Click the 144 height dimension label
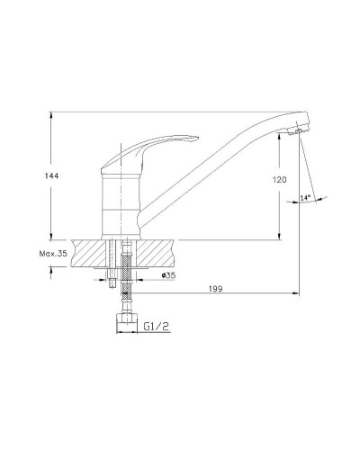point(51,175)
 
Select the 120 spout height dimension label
point(280,180)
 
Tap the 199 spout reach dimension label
point(215,289)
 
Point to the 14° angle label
point(305,197)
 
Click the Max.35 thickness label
point(53,254)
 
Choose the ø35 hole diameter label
point(168,275)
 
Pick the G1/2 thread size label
point(156,326)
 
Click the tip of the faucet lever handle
point(198,138)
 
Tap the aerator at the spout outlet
point(295,131)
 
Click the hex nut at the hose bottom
point(127,319)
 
